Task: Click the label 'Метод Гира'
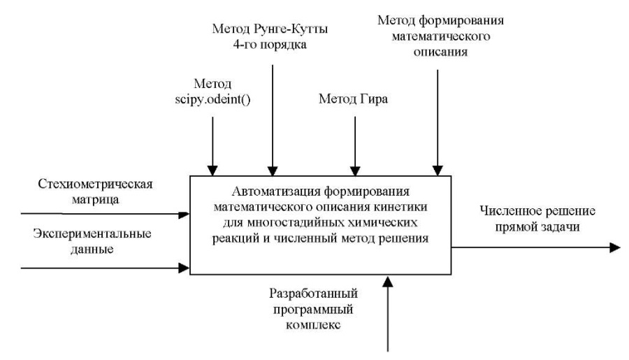(353, 99)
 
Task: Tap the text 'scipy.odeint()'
(212, 99)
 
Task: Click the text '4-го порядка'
(270, 44)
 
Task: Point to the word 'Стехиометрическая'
(96, 184)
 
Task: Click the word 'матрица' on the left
(96, 199)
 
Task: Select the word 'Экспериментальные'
(92, 233)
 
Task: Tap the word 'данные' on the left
(92, 250)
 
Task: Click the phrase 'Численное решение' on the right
(537, 211)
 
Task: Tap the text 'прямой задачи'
(537, 226)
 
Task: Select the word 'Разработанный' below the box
(313, 294)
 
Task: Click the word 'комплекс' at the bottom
(313, 324)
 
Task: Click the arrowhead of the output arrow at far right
(615, 247)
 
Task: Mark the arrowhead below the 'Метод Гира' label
(355, 171)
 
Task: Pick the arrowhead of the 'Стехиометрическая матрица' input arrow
(184, 215)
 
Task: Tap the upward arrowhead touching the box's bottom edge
(388, 281)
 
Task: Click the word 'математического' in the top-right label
(441, 36)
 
